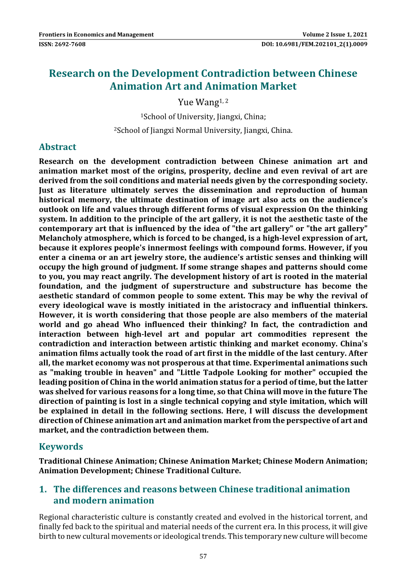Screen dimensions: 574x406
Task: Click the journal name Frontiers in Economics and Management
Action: pos(96,35)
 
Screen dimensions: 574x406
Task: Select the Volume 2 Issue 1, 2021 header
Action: pos(335,35)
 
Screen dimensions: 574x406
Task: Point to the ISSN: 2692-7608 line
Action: pos(62,44)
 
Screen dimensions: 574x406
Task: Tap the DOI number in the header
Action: pos(314,44)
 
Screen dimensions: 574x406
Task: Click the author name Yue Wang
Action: pos(198,102)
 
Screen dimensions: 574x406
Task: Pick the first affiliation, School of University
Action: pos(203,117)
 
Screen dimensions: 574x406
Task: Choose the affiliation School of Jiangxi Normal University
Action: pos(203,130)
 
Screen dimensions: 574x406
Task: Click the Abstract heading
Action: pos(57,147)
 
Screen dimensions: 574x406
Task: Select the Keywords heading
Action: pos(61,446)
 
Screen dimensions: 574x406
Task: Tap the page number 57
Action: pos(203,556)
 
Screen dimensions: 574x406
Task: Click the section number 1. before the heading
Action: pos(43,489)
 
